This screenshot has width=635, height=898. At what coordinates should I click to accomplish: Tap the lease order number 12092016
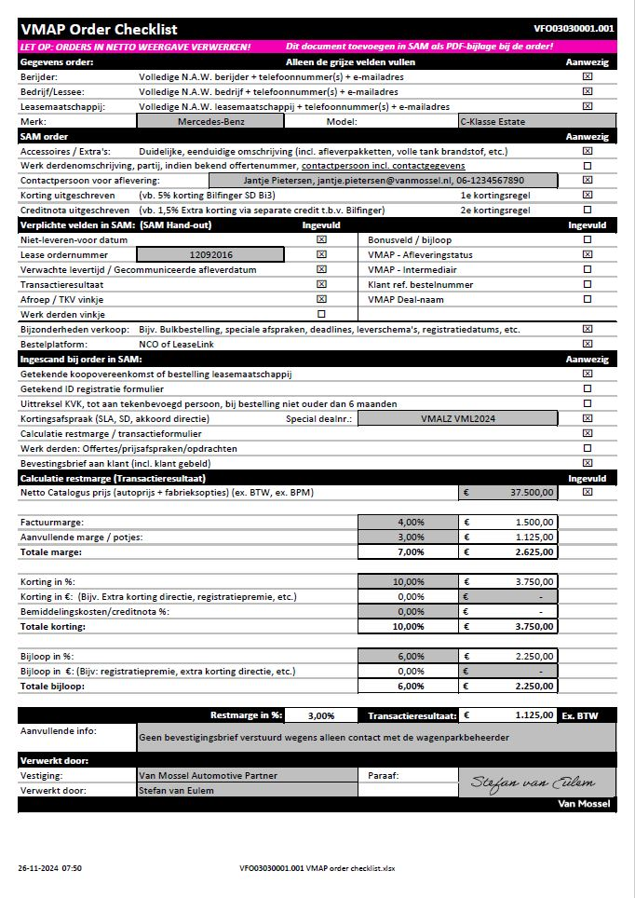click(x=210, y=254)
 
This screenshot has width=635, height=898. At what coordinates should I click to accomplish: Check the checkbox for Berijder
click(x=587, y=76)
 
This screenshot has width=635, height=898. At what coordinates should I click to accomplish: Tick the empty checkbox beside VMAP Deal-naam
click(x=587, y=299)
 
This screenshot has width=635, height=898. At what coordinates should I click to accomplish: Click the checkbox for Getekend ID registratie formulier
click(x=587, y=388)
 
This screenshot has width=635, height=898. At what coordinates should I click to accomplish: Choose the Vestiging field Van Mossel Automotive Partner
click(x=208, y=775)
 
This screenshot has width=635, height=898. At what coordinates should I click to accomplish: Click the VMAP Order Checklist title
click(x=99, y=30)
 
